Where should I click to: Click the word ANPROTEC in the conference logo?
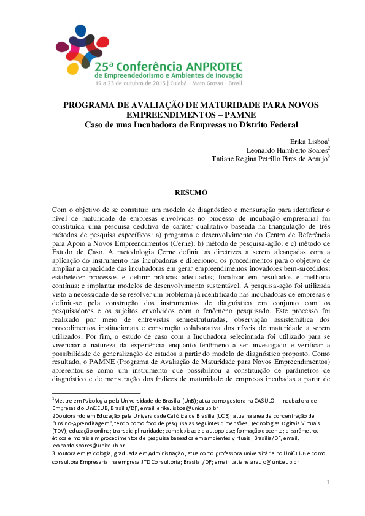point(212,65)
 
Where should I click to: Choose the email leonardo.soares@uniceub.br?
point(88,446)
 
